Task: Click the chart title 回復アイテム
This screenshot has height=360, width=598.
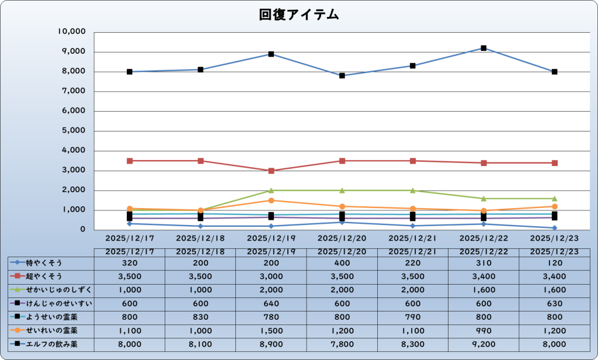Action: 299,15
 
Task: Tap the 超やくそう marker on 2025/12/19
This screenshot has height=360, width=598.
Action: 272,171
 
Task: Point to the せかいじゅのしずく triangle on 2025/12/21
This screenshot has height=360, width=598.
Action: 413,191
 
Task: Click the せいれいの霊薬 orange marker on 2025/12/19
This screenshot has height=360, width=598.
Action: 272,200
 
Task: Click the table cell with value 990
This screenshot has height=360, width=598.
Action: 484,331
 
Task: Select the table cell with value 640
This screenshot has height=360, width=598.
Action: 271,303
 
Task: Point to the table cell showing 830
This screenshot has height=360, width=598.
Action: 200,317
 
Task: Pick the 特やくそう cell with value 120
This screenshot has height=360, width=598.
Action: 554,263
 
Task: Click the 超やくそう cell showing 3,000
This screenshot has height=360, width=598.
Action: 271,276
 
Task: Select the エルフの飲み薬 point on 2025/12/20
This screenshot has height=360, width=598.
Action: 342,75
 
